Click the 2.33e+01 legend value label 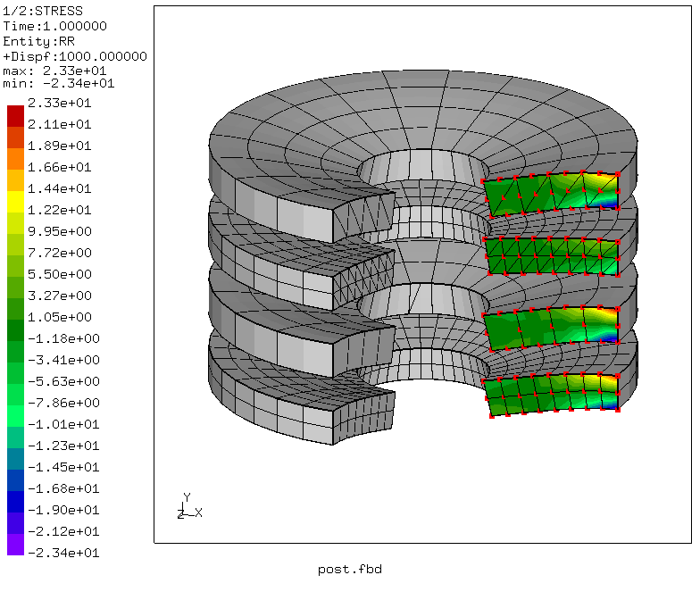[60, 103]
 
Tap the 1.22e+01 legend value [60, 210]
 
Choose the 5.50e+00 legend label [60, 274]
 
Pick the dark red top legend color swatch [15, 113]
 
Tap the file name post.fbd [349, 570]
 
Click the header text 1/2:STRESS [38, 12]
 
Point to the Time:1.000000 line [54, 26]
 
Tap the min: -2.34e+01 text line [58, 83]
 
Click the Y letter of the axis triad [187, 496]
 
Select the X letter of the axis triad [198, 512]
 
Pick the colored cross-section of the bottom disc [554, 396]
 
